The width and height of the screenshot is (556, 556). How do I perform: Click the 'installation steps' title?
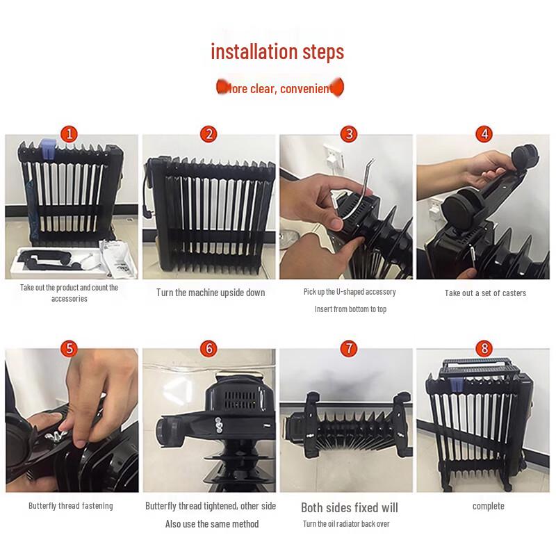click(277, 52)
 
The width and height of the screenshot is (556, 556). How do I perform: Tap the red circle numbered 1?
click(69, 133)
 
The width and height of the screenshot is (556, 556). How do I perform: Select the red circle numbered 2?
click(208, 134)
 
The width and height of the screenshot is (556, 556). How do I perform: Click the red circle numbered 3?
click(350, 134)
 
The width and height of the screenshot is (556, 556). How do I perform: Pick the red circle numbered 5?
click(69, 348)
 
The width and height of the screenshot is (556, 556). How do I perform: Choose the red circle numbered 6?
click(208, 348)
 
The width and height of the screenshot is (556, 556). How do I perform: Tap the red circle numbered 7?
click(350, 348)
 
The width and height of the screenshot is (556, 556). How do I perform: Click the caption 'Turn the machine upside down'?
click(211, 293)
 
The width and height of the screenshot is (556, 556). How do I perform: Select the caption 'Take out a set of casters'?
click(485, 293)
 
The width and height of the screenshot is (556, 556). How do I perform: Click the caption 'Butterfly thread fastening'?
click(70, 506)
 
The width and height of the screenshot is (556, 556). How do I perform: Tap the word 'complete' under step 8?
click(488, 506)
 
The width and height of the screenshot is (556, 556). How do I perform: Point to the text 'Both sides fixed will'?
click(349, 507)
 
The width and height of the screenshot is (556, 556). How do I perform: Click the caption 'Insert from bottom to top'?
click(350, 309)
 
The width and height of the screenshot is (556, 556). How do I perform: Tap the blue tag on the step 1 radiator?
click(49, 147)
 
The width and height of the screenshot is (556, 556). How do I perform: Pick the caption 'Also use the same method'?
click(211, 524)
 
